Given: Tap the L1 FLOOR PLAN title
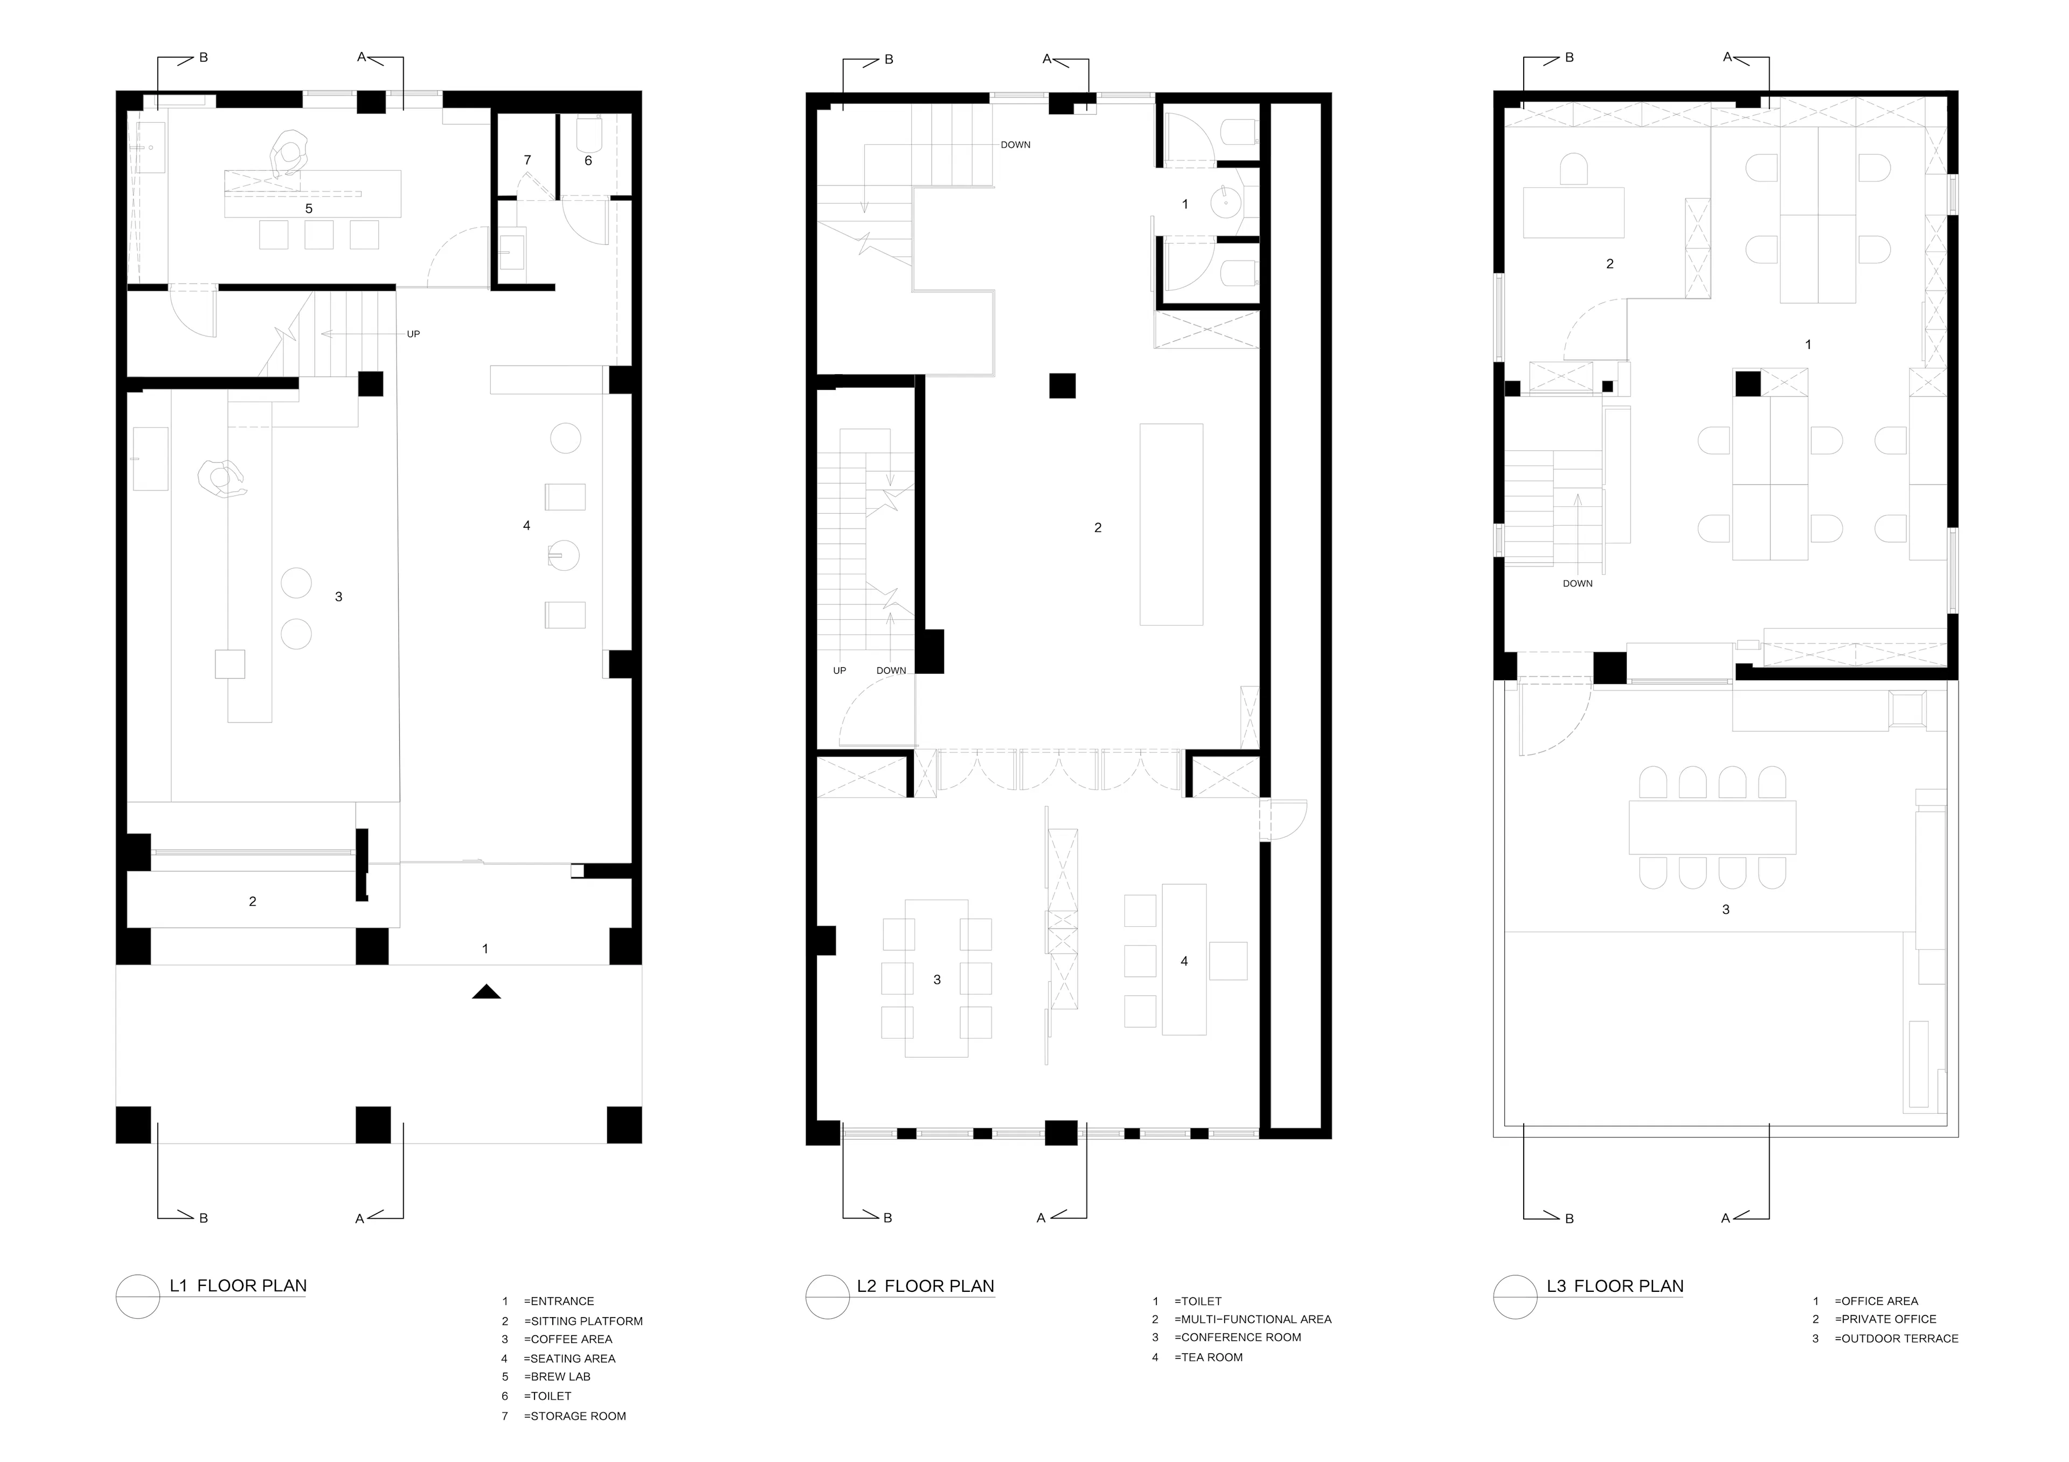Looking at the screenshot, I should click(x=238, y=1285).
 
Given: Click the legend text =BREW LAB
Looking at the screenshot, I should click(x=557, y=1376).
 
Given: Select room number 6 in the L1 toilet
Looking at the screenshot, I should click(x=588, y=160).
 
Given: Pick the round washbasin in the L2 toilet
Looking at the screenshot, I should click(x=1226, y=202).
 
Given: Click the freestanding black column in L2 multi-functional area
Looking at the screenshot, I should click(x=1063, y=386).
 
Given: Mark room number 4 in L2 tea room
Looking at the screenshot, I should click(x=1184, y=961).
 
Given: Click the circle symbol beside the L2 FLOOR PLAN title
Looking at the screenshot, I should click(x=827, y=1297).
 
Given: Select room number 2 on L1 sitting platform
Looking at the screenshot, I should click(x=252, y=901).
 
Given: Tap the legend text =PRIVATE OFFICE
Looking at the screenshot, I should click(x=1885, y=1319).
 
